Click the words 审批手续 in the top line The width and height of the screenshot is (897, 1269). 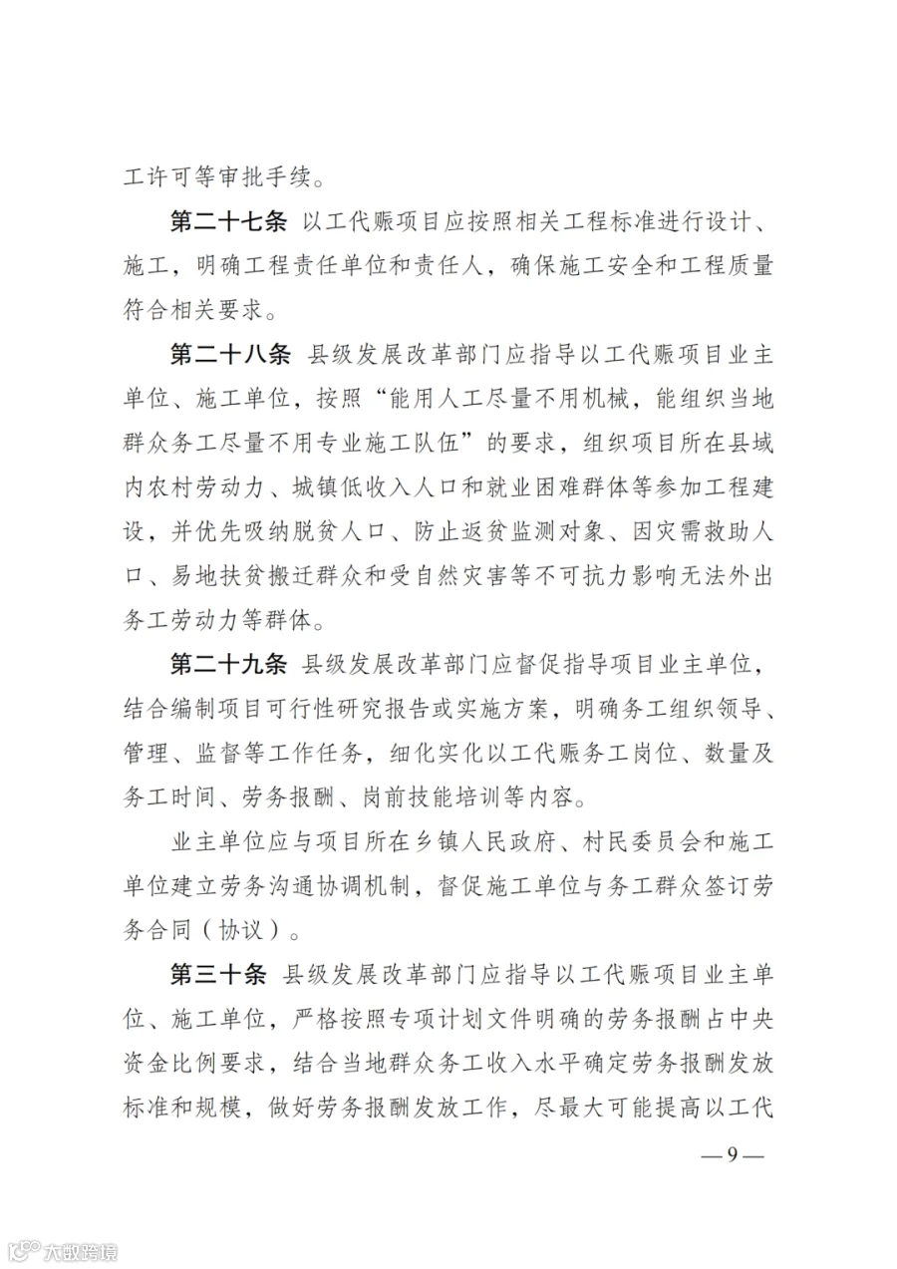point(281,180)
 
